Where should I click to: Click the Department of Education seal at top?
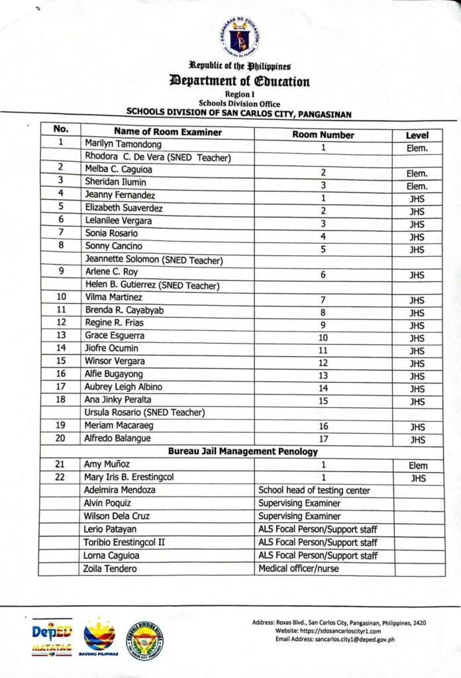[240, 38]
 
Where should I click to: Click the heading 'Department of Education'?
[240, 82]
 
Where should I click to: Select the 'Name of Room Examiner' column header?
[167, 132]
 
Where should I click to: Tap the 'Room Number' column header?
[323, 134]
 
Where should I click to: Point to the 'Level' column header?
[417, 135]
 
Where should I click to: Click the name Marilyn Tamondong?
[123, 144]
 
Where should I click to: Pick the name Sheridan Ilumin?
[115, 182]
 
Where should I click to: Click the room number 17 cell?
[323, 439]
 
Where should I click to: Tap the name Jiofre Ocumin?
[111, 348]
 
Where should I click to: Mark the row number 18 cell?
[60, 399]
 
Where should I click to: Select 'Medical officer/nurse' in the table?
[300, 569]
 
